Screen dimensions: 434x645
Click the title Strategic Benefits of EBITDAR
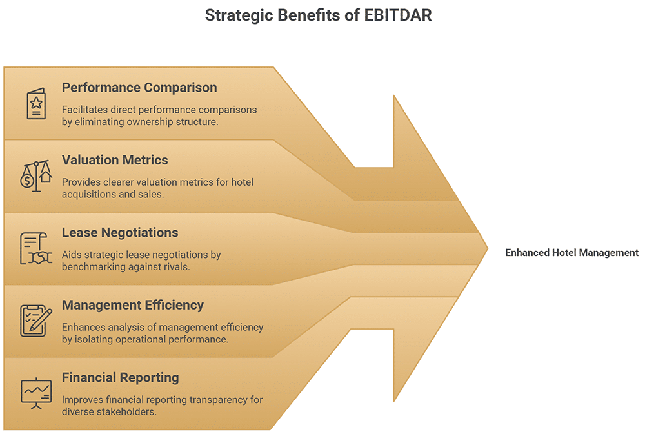pyautogui.click(x=318, y=15)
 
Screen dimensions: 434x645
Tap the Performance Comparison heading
pyautogui.click(x=139, y=87)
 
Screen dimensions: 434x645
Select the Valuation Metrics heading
pyautogui.click(x=115, y=159)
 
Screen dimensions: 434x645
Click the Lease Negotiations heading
pyautogui.click(x=120, y=232)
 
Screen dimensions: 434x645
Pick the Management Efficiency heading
pyautogui.click(x=133, y=305)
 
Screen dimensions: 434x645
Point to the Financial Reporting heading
pyautogui.click(x=120, y=377)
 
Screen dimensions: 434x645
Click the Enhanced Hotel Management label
pyautogui.click(x=571, y=253)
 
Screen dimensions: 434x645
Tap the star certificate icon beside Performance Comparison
pyautogui.click(x=36, y=104)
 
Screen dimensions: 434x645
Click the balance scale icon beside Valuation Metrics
pyautogui.click(x=36, y=176)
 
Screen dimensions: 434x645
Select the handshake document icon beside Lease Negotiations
pyautogui.click(x=36, y=249)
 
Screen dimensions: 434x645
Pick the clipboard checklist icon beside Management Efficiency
pyautogui.click(x=36, y=321)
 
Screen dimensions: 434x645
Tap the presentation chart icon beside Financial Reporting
pyautogui.click(x=36, y=393)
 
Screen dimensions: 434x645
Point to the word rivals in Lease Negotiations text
pyautogui.click(x=174, y=266)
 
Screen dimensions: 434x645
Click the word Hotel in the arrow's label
pyautogui.click(x=563, y=253)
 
